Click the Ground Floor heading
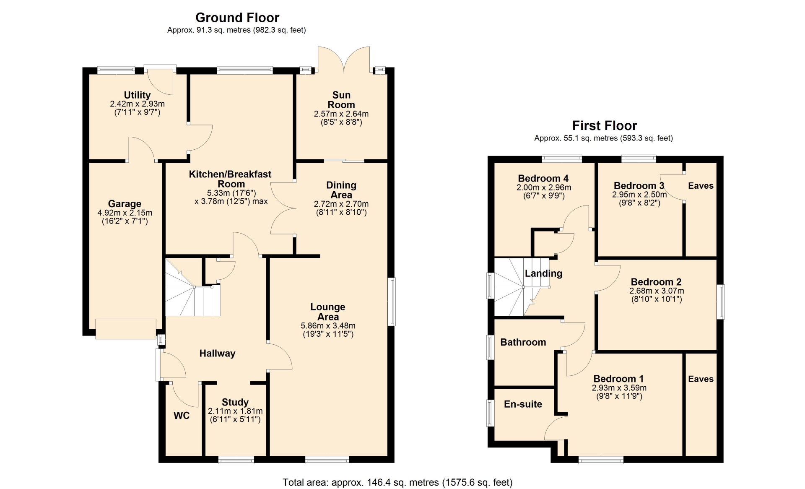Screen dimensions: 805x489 pos(237,18)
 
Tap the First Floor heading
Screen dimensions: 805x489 pos(605,125)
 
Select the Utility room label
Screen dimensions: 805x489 pos(137,95)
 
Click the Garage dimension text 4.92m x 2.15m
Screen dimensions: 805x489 pos(125,213)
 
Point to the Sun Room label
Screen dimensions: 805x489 pos(341,100)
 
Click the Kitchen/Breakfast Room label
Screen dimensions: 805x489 pos(230,179)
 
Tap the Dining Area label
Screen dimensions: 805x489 pos(341,190)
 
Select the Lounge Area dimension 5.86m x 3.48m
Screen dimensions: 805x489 pos(328,326)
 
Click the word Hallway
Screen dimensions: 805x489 pos(217,354)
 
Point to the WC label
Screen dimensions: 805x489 pos(182,416)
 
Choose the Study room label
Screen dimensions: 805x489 pos(235,402)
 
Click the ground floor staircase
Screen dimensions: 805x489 pos(193,287)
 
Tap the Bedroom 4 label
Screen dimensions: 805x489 pos(543,179)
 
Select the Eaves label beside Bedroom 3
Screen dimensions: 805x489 pos(701,186)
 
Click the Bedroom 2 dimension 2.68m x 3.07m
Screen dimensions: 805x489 pos(657,291)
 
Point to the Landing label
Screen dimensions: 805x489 pos(543,273)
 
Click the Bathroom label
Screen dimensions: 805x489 pos(523,342)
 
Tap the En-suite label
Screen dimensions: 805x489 pos(523,404)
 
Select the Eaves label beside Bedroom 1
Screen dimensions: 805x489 pos(701,379)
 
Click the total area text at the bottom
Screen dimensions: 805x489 pos(397,483)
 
